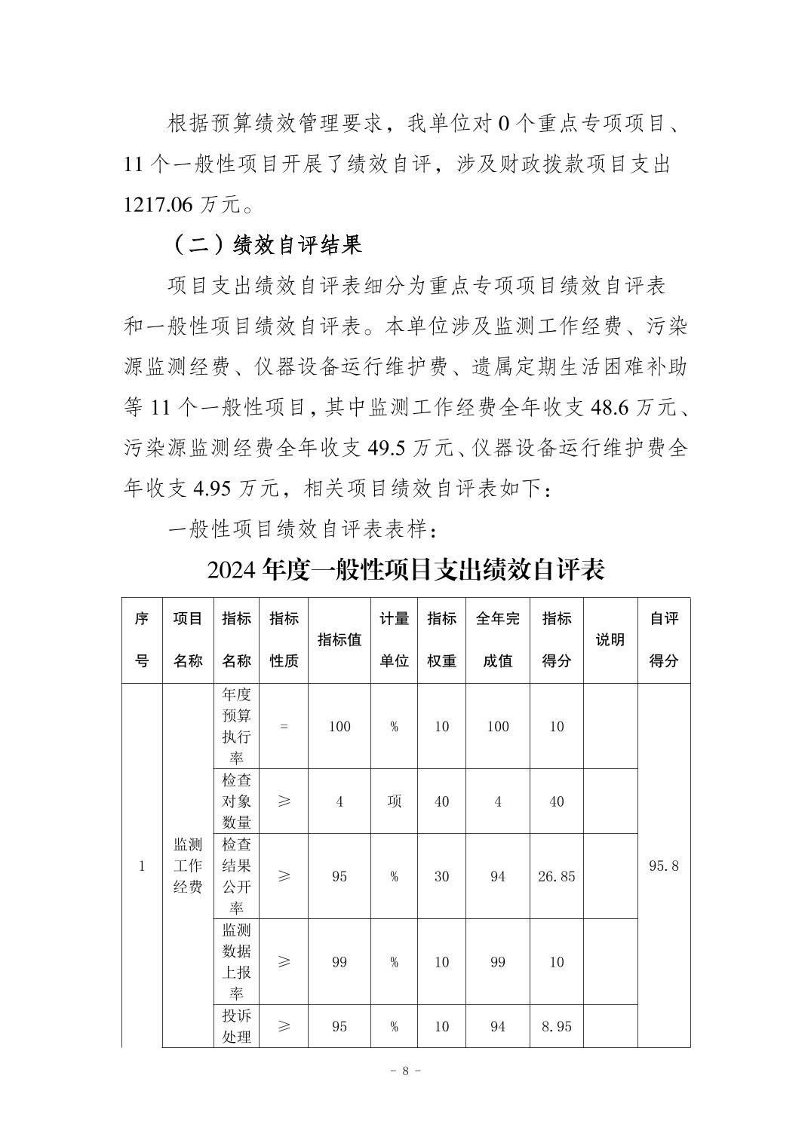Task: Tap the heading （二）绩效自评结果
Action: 266,244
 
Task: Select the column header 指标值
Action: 339,640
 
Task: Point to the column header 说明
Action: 610,640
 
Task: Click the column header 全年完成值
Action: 498,640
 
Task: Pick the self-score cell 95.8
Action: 664,866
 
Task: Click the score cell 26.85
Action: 557,876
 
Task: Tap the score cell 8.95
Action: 557,1026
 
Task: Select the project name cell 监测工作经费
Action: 188,866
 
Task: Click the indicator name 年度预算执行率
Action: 236,726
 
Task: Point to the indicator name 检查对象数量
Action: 236,801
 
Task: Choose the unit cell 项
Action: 394,801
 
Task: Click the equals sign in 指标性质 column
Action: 284,726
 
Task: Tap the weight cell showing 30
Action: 442,876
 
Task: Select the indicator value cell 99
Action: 339,962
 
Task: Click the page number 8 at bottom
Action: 406,1071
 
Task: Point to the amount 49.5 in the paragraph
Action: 387,449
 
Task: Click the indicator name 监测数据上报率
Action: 236,962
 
